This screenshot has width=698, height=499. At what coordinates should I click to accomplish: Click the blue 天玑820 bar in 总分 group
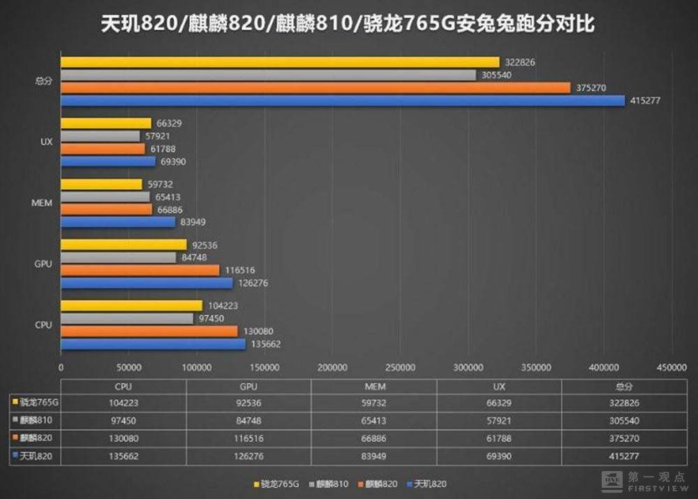click(342, 100)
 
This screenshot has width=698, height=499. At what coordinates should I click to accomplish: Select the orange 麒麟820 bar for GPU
click(140, 270)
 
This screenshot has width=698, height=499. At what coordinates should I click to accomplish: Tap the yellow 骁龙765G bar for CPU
click(131, 306)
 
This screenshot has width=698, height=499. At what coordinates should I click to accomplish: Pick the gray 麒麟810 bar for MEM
click(105, 197)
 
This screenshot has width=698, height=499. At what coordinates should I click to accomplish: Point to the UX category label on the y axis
click(44, 142)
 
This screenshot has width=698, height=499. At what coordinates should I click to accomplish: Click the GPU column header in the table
click(248, 386)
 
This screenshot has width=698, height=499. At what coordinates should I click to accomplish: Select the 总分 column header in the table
click(623, 386)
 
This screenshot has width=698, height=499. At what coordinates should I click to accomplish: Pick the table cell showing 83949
click(373, 456)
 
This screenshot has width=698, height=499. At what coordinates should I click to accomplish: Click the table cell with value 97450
click(124, 421)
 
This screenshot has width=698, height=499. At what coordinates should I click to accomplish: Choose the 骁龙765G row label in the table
click(36, 403)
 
